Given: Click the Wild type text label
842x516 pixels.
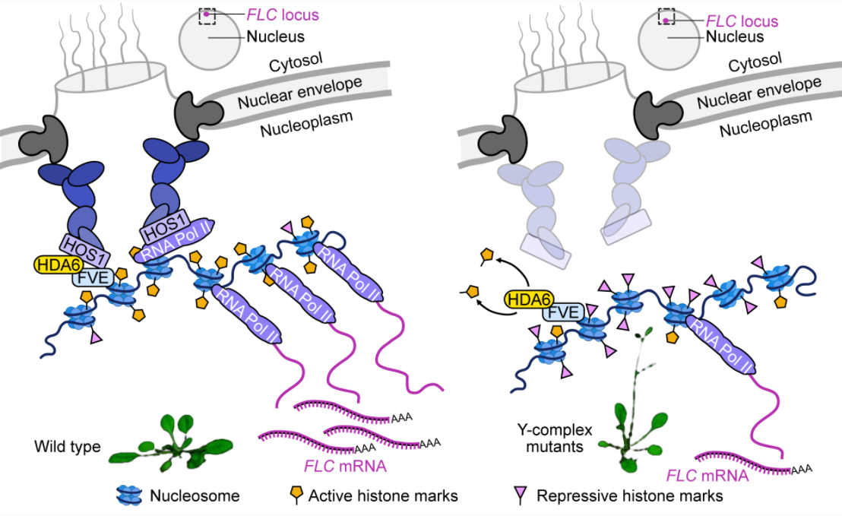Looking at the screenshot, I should click(x=67, y=447).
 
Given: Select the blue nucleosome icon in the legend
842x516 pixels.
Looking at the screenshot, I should click(x=131, y=495).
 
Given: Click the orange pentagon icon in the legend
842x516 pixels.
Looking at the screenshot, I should click(x=297, y=495).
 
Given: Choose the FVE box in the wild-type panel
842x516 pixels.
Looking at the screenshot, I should click(x=91, y=279).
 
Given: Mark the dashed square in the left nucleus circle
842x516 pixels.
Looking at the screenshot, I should click(x=207, y=16).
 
